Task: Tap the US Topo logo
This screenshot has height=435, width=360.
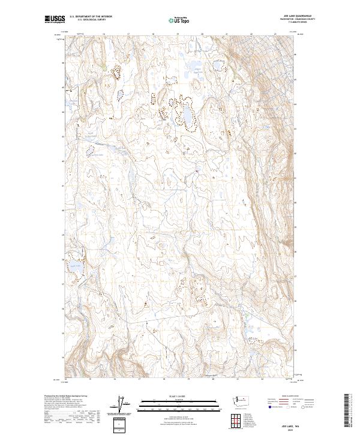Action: click(179, 19)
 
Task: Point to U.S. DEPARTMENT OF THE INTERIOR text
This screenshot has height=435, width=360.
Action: click(91, 17)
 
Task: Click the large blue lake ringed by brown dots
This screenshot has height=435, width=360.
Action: click(187, 115)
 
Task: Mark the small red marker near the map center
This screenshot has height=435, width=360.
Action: click(197, 172)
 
